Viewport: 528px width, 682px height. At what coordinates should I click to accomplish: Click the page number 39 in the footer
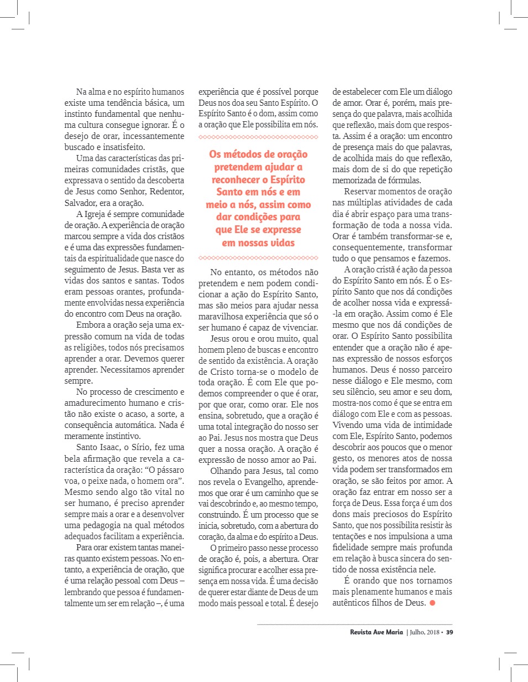tap(449, 632)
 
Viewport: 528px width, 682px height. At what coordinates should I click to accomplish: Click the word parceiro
tap(435, 370)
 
